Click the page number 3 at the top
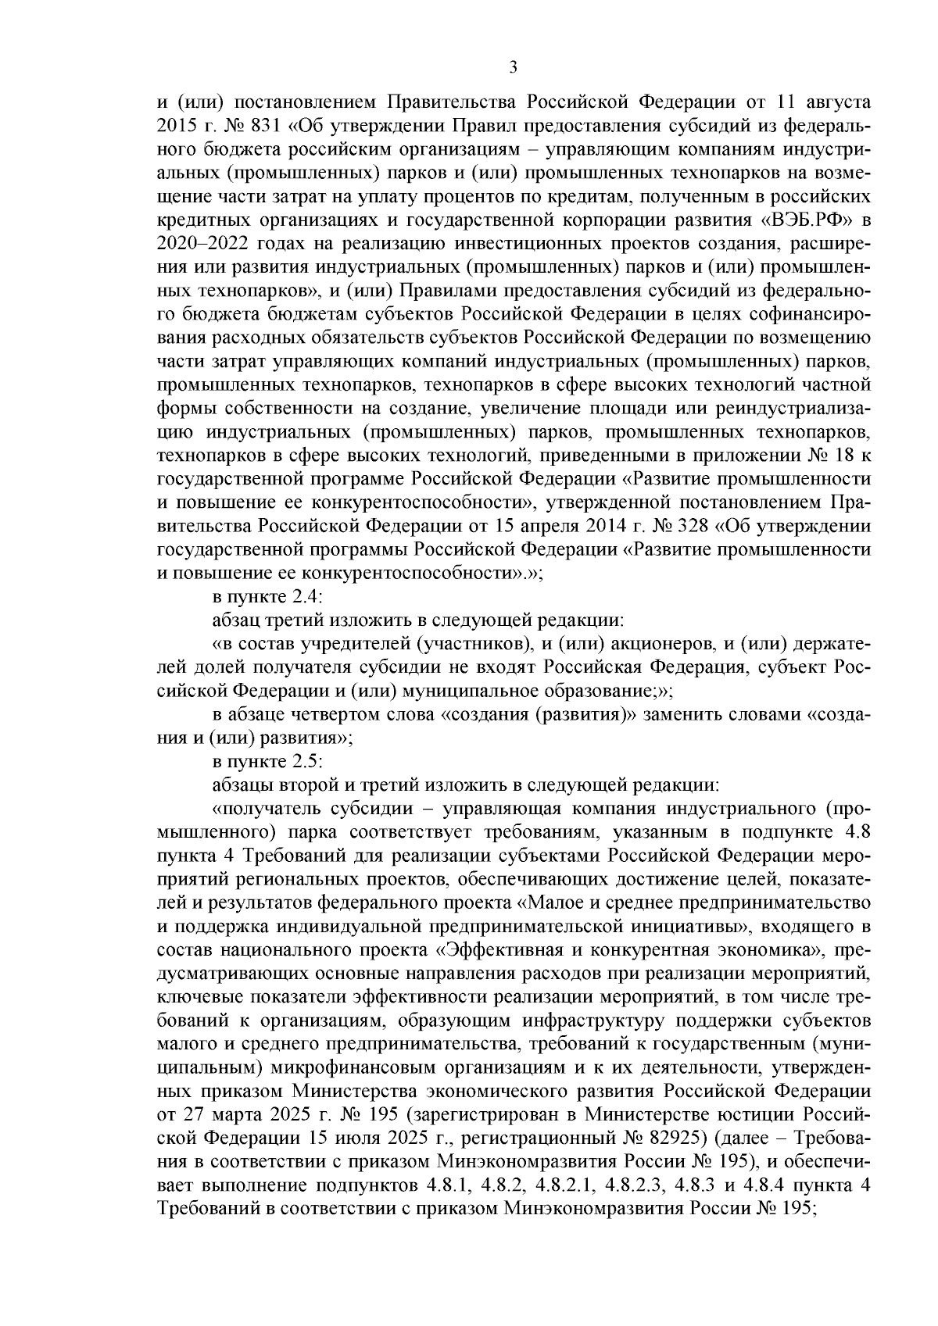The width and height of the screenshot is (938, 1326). (513, 67)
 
